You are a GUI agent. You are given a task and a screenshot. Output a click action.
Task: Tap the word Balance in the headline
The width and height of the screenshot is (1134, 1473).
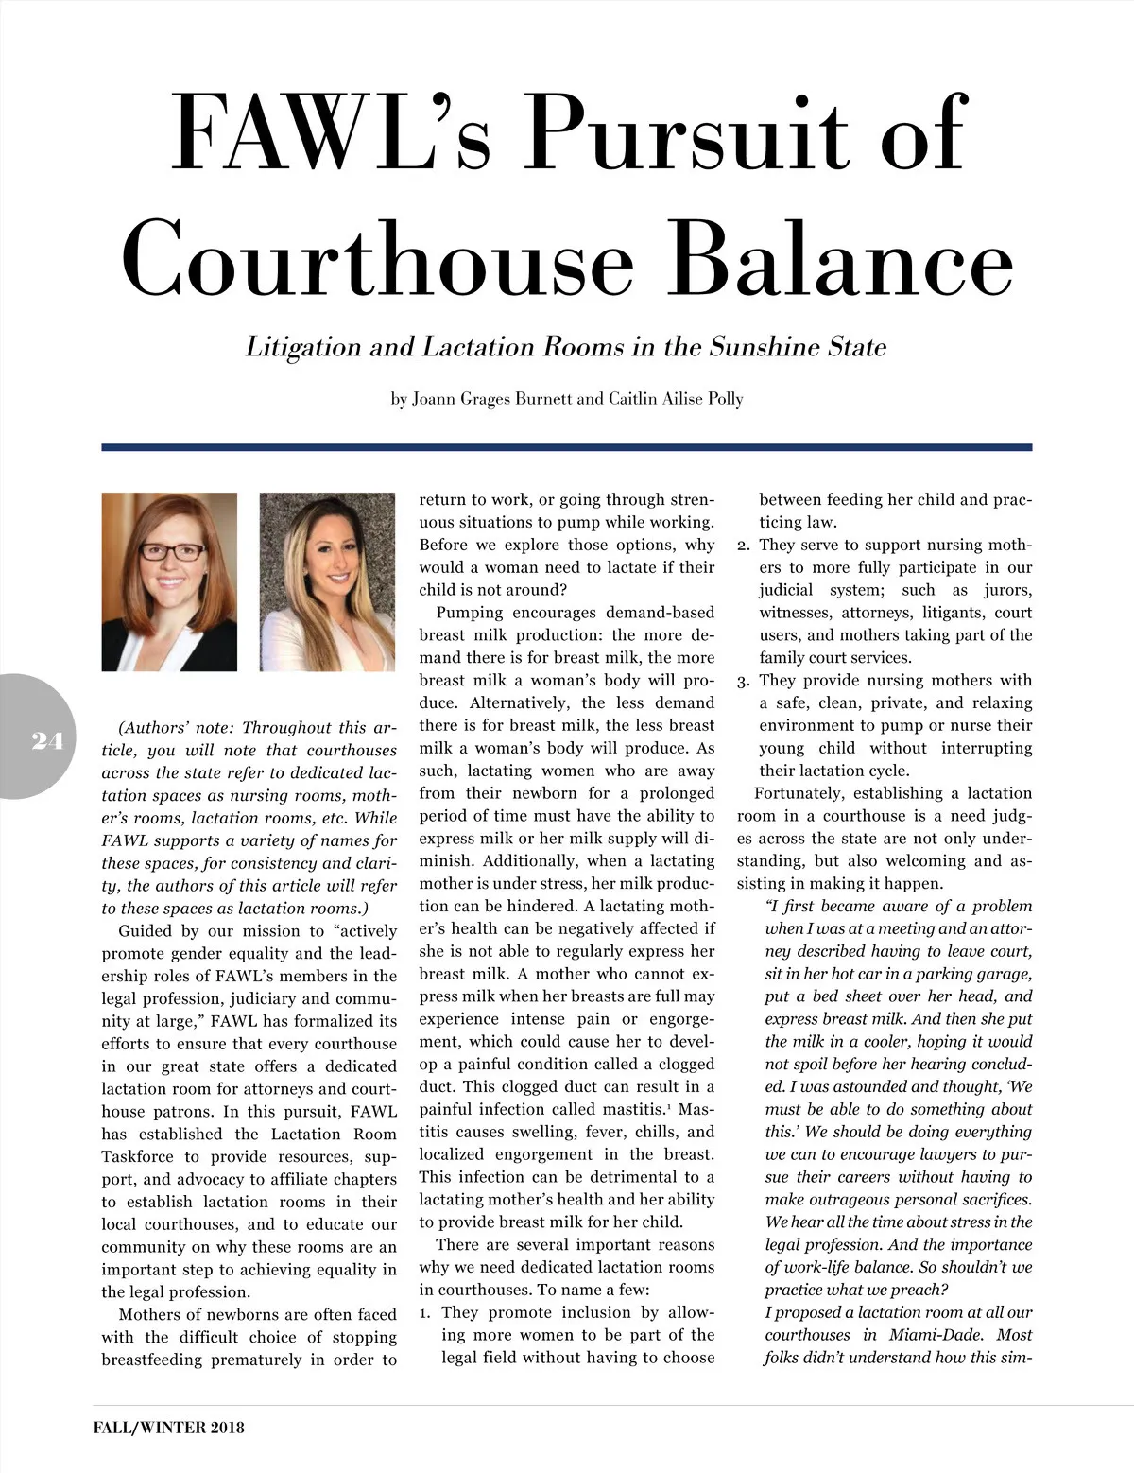[846, 260]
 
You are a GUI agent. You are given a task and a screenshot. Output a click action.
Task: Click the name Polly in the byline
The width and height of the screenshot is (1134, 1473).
[723, 399]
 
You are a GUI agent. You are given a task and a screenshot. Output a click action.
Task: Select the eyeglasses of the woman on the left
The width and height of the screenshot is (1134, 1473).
[171, 551]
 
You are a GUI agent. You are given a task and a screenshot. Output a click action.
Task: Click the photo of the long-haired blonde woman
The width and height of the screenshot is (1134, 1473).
[327, 581]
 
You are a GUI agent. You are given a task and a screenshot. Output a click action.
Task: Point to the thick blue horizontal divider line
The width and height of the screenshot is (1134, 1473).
[567, 447]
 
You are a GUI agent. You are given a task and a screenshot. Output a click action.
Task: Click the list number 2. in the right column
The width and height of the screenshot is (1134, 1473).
[744, 546]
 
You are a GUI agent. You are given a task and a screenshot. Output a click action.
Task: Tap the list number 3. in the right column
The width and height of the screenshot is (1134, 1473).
[744, 681]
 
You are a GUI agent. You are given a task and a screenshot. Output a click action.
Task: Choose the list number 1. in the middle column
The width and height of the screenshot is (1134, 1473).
[426, 1313]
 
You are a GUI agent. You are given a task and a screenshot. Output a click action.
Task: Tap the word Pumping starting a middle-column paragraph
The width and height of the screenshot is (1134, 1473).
[469, 613]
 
